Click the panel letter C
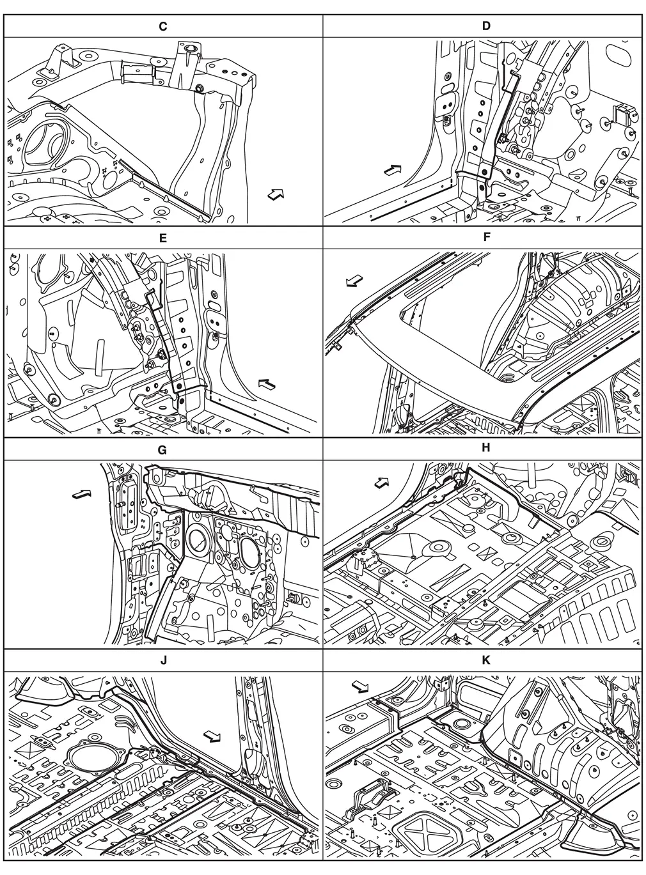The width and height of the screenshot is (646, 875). [162, 26]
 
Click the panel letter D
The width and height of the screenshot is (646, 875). [486, 26]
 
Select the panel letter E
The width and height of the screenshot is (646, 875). [162, 238]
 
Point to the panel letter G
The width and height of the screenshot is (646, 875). [162, 450]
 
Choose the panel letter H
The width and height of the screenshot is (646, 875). [486, 447]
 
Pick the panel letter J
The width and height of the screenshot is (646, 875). [163, 660]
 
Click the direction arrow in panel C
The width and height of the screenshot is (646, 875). [276, 194]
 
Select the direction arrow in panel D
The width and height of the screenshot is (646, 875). [393, 170]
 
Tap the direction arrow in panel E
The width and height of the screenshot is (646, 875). [267, 384]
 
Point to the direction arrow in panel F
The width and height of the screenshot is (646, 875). [354, 281]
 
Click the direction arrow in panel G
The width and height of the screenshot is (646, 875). [82, 494]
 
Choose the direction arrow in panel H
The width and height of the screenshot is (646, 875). [381, 482]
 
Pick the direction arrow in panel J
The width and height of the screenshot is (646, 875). [212, 736]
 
